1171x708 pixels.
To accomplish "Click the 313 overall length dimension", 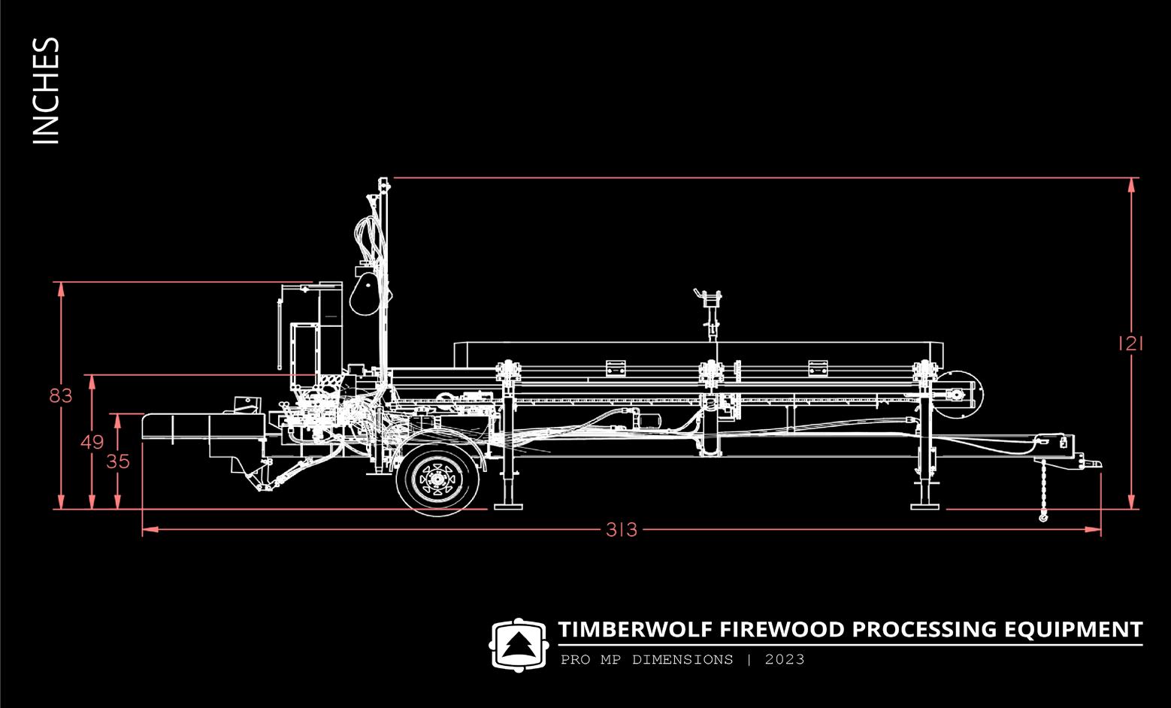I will click(x=622, y=530).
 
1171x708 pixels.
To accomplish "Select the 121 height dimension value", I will click(x=1130, y=344).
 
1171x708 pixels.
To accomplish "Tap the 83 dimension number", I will click(x=61, y=395).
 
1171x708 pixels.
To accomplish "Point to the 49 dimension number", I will click(x=92, y=443).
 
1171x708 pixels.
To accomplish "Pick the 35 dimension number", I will click(x=118, y=461).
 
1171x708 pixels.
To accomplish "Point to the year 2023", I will click(x=785, y=660).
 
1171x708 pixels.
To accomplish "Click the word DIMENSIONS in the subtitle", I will click(x=682, y=660).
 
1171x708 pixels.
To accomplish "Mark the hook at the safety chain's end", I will click(x=1043, y=517).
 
